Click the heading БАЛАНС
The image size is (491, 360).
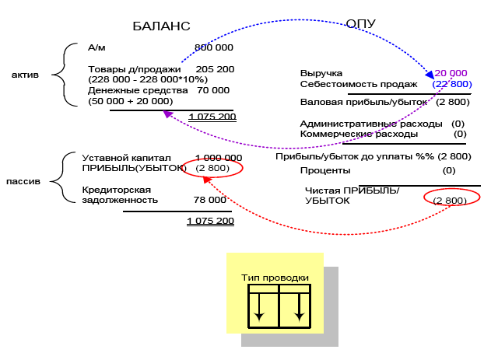click(161, 26)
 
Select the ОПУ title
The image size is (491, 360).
click(360, 24)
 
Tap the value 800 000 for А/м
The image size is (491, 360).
click(214, 47)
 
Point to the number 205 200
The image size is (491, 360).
click(215, 69)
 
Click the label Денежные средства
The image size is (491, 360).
click(138, 90)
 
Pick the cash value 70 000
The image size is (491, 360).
click(213, 90)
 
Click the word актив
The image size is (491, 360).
click(25, 75)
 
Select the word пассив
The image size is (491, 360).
click(23, 181)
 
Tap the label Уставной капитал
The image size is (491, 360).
click(127, 158)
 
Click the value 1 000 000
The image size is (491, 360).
click(219, 158)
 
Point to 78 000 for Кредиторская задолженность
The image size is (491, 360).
click(210, 200)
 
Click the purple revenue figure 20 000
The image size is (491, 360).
click(451, 73)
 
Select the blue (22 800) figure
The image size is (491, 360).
click(452, 84)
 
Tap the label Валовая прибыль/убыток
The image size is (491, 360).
click(363, 103)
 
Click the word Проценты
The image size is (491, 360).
click(325, 171)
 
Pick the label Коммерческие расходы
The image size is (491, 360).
click(359, 135)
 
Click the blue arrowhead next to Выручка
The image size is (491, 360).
click(430, 75)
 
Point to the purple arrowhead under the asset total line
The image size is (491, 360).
click(168, 114)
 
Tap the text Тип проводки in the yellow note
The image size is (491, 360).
click(275, 278)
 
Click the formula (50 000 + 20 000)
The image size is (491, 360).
click(131, 101)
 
